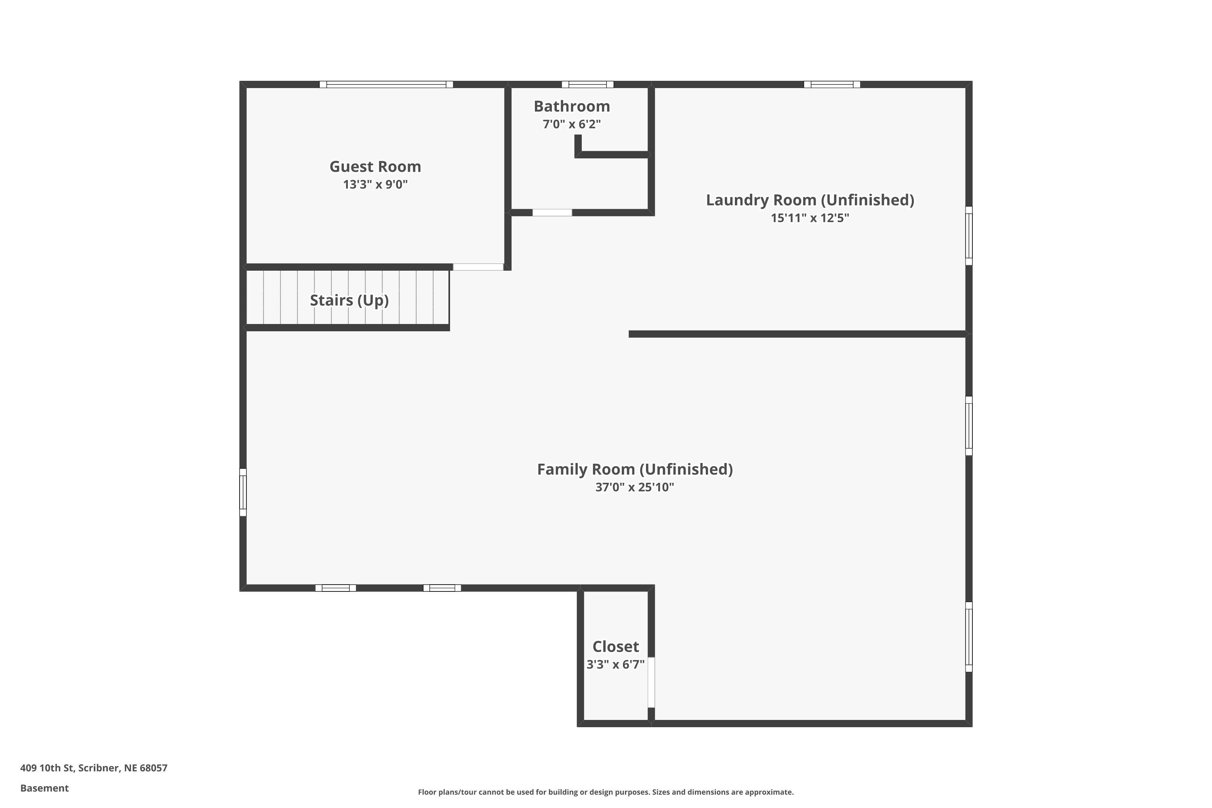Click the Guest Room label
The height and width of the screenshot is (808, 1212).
point(375,166)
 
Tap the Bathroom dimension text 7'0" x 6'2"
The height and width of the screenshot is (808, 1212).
point(572,124)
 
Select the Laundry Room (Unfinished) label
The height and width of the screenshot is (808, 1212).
point(810,200)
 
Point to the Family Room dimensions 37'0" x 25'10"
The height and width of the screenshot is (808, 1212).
point(634,487)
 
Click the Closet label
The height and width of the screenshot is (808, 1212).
point(615,646)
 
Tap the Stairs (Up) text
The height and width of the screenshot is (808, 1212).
point(349,300)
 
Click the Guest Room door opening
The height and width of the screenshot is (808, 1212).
point(478,267)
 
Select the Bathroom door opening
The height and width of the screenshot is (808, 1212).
point(552,213)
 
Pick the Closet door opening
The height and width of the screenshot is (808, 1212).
point(651,682)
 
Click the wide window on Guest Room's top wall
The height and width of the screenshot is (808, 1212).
point(386,84)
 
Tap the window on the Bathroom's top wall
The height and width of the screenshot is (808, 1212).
point(587,84)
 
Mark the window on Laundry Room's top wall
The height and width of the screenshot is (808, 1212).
point(832,84)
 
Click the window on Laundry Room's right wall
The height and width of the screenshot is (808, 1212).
point(968,236)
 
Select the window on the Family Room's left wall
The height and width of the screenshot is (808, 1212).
point(243,492)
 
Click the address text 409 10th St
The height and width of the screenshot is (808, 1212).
point(94,768)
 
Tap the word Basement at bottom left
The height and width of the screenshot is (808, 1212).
point(44,788)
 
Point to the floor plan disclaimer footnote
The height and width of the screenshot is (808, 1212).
point(606,792)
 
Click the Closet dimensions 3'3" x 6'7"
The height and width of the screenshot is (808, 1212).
point(615,665)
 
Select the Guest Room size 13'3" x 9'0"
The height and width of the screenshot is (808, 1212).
point(375,185)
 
